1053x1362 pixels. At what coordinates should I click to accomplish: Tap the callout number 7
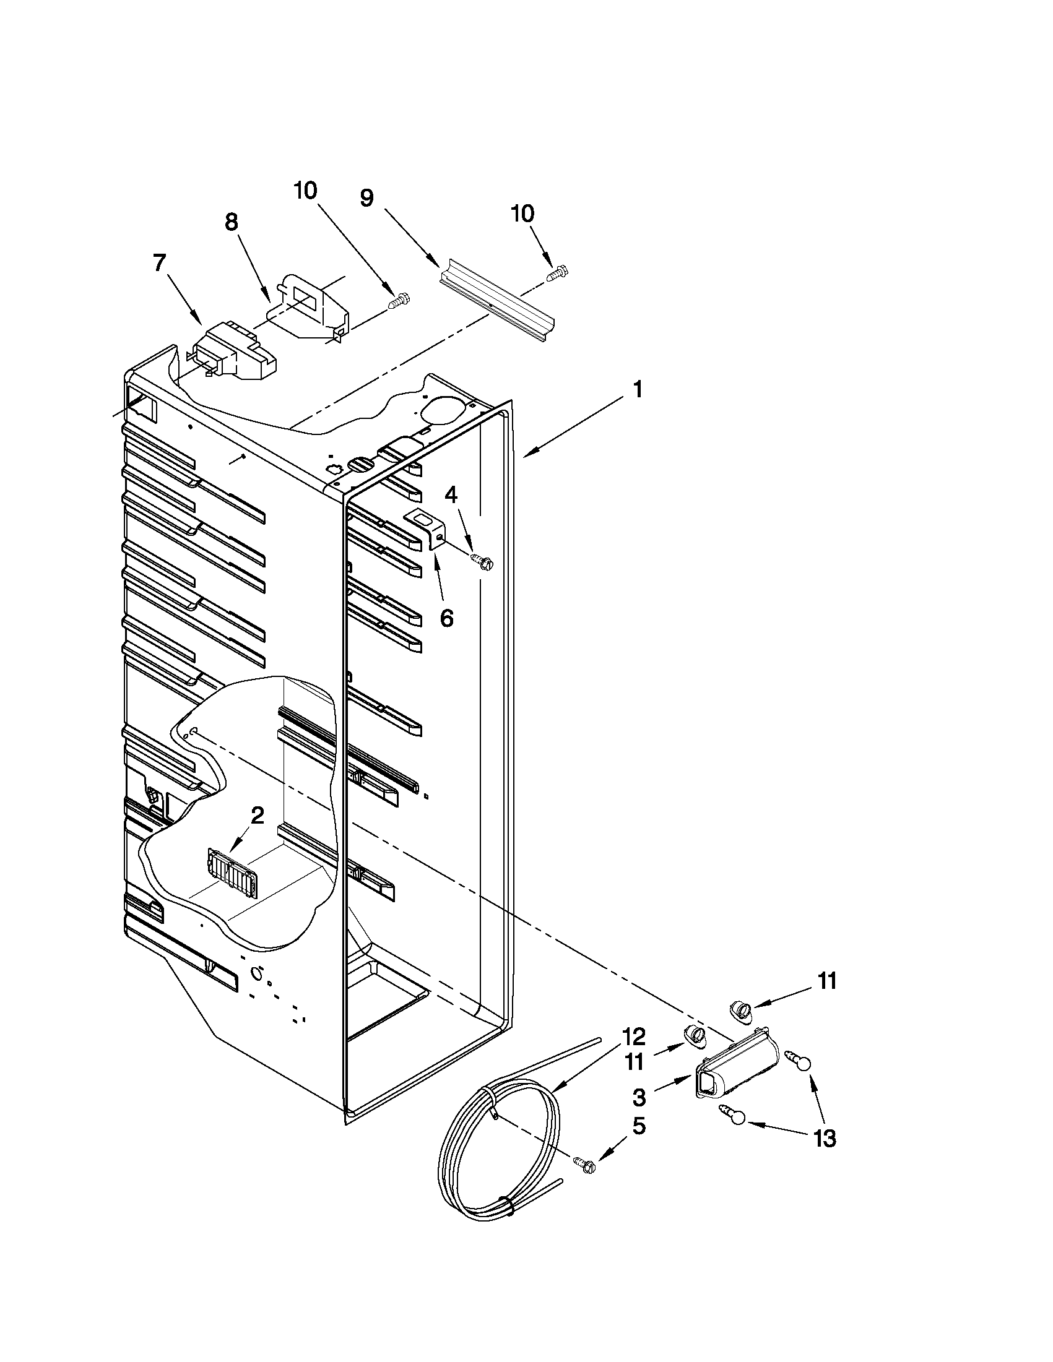(x=160, y=263)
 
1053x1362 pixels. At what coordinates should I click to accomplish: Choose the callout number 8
(x=232, y=222)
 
